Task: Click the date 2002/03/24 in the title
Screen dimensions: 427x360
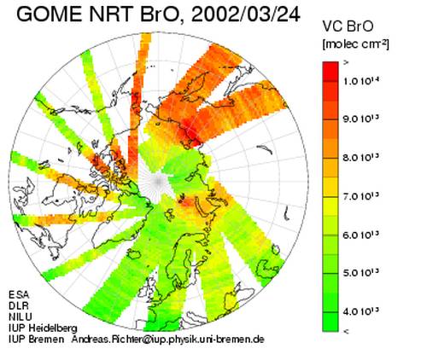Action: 246,15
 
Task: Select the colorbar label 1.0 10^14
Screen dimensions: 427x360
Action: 361,81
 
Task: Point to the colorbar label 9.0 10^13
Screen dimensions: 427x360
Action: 361,119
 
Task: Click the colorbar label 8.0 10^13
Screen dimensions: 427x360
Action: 361,157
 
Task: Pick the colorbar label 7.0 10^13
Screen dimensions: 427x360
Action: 361,196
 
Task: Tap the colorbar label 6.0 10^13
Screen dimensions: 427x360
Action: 361,235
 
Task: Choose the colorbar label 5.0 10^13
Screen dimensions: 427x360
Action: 361,273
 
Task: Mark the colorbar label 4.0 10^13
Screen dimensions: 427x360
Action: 361,312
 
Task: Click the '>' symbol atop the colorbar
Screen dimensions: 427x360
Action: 346,63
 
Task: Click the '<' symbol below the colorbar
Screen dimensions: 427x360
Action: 346,331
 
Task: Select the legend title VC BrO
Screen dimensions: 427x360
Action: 348,26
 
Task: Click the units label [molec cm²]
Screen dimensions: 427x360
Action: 355,44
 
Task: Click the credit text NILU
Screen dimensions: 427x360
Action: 20,316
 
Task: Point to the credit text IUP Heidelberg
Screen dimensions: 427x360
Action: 43,328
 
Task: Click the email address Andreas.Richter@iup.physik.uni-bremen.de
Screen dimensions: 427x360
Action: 168,340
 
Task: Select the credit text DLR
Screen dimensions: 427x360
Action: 19,305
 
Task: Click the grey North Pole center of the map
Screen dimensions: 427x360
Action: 158,181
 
